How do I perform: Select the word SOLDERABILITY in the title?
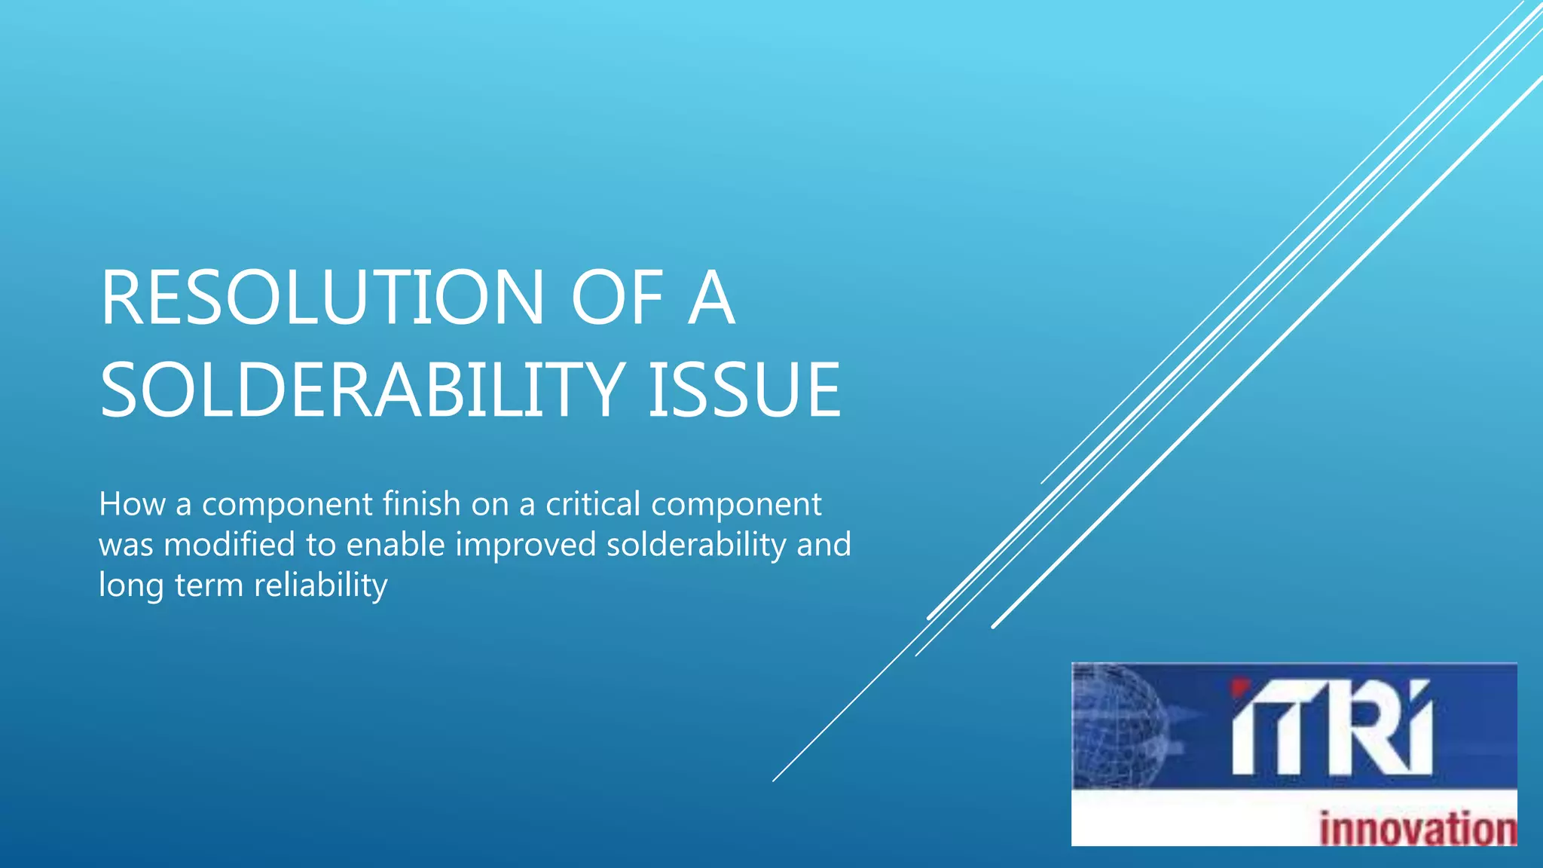point(362,390)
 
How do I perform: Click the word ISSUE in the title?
point(744,390)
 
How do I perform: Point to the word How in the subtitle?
point(132,503)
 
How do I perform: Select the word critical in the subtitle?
point(593,503)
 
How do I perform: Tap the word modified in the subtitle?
point(229,544)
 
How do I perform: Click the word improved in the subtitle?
point(526,544)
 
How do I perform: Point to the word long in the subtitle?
point(130,585)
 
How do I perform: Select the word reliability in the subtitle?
point(320,585)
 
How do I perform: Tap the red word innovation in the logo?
point(1417,828)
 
